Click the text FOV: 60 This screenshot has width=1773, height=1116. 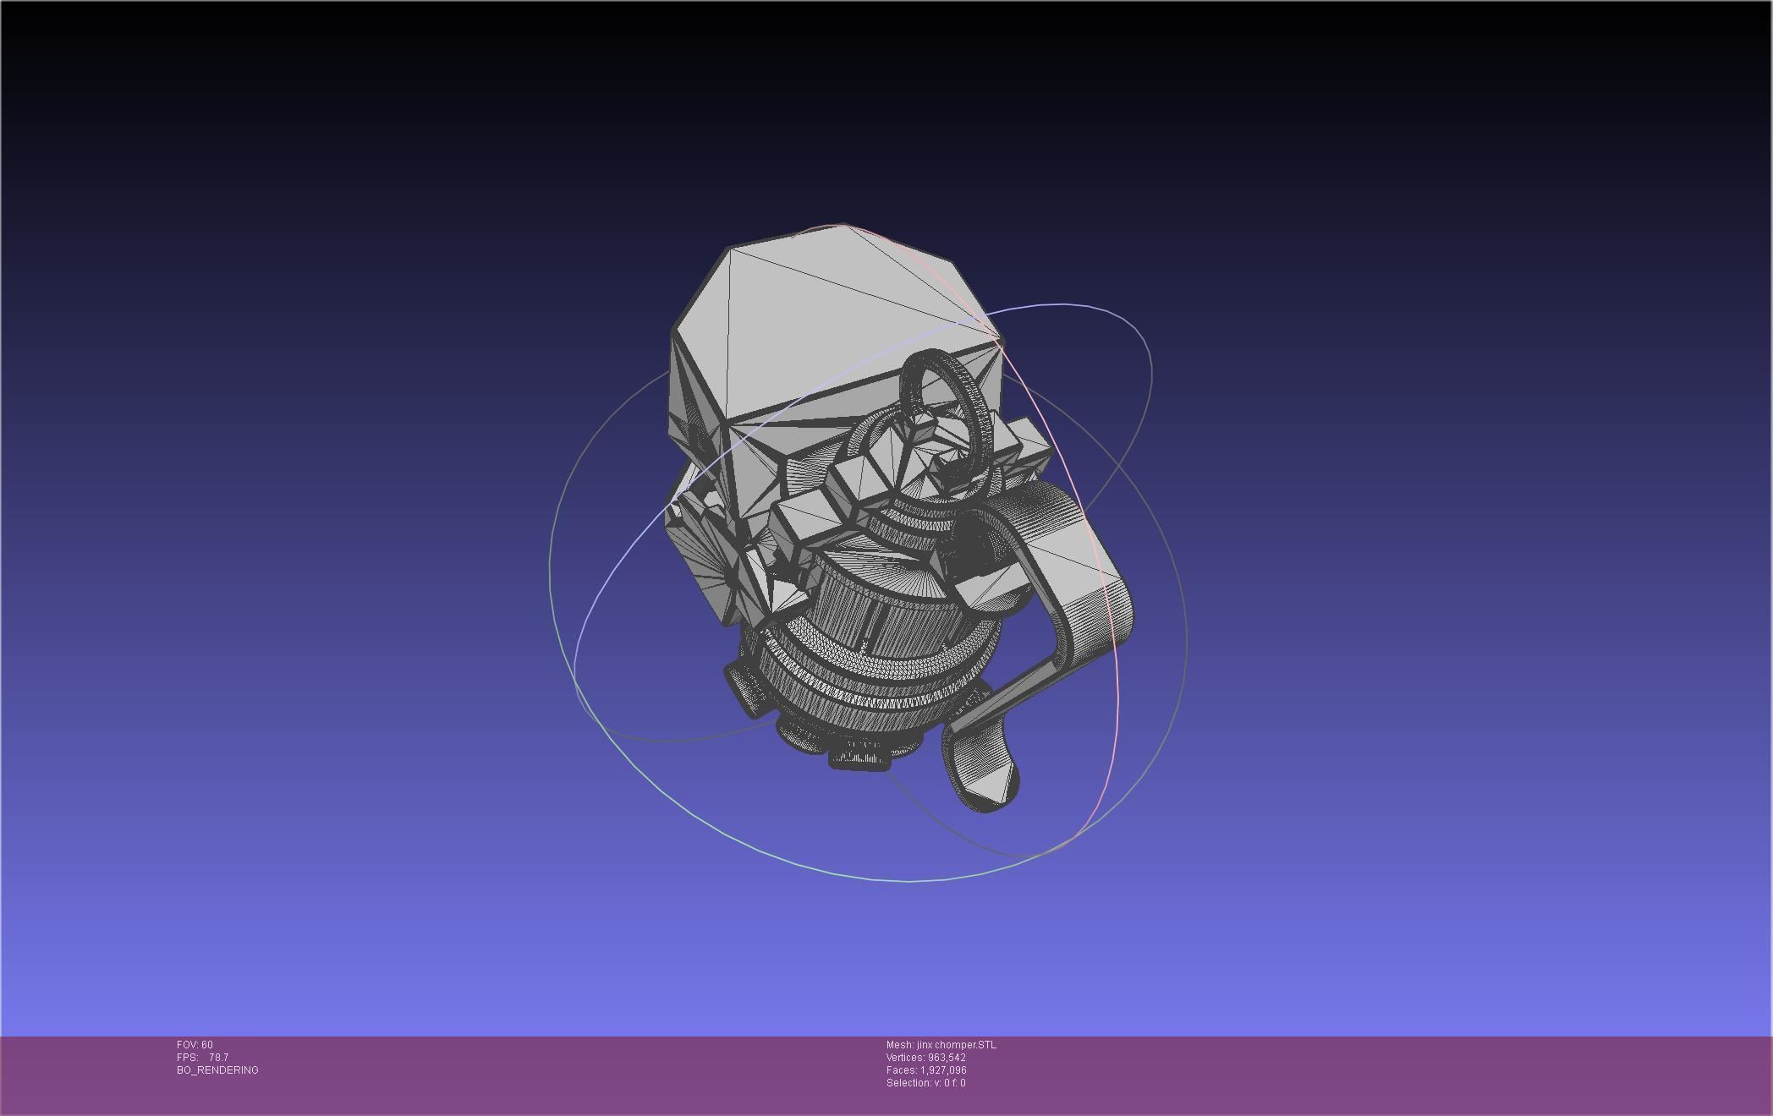[195, 1045]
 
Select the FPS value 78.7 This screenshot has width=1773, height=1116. [218, 1058]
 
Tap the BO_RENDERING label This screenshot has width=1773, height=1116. [217, 1070]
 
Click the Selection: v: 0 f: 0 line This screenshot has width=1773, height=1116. [925, 1083]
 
